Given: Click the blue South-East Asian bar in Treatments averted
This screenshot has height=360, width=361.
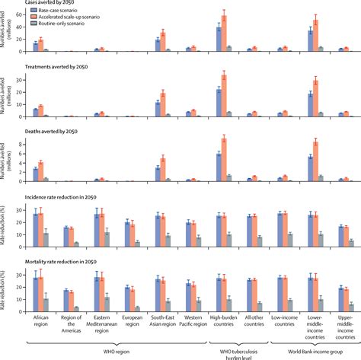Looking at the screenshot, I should (158, 109).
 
